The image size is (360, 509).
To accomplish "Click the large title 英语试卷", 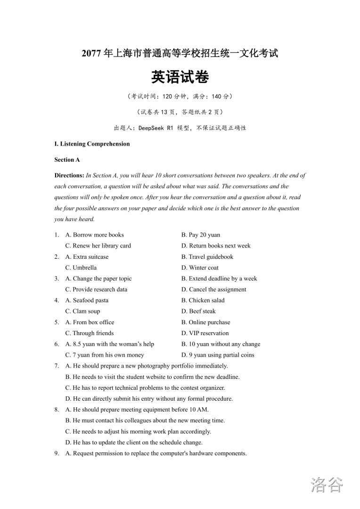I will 180,77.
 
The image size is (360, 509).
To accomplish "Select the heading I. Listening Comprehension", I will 92,144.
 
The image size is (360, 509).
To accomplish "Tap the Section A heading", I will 67,160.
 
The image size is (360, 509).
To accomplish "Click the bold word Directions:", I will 69,175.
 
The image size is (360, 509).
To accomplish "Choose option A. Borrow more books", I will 94,235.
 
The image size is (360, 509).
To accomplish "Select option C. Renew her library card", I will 98,246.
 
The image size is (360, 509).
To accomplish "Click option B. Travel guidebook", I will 207,257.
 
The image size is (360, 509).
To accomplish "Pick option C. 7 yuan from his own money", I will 105,355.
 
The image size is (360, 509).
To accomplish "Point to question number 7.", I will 57,366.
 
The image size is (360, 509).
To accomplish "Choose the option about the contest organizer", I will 145,388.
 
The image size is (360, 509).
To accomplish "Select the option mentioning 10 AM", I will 137,410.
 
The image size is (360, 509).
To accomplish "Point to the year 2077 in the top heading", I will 91,54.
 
